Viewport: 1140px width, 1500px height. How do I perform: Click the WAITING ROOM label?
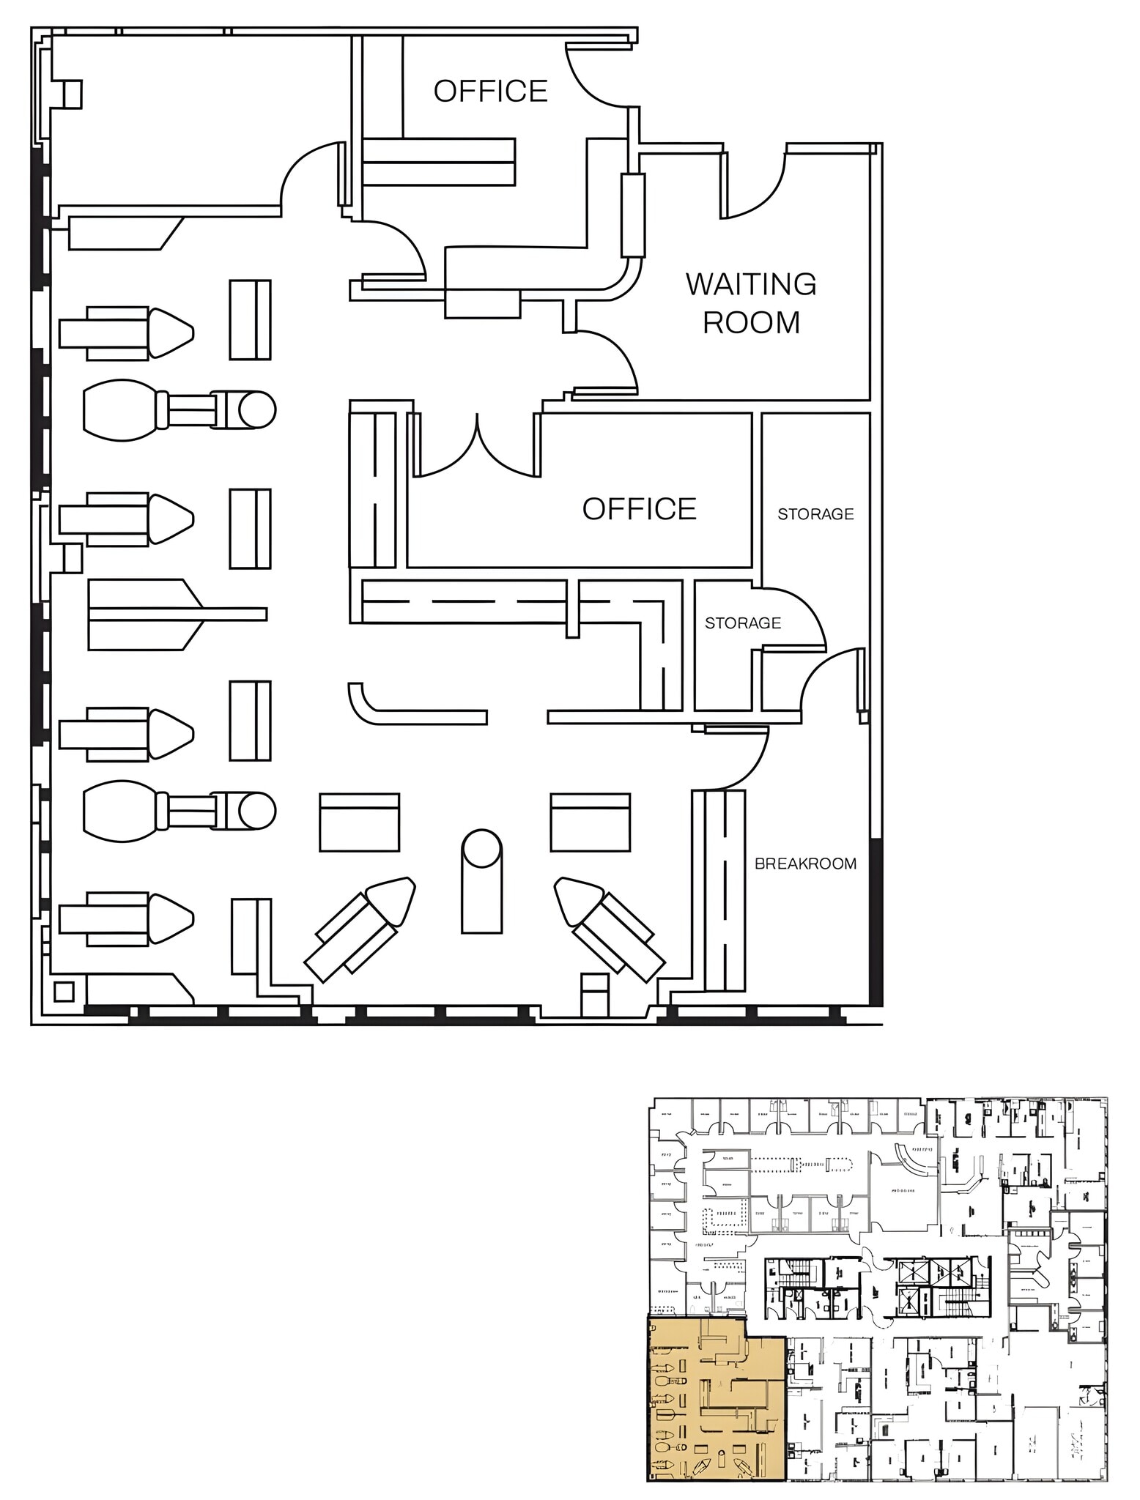pyautogui.click(x=751, y=303)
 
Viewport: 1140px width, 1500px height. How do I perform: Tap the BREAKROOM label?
pyautogui.click(x=805, y=864)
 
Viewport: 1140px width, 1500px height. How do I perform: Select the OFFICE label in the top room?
pyautogui.click(x=490, y=92)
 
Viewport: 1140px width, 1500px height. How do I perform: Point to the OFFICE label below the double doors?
pyautogui.click(x=639, y=509)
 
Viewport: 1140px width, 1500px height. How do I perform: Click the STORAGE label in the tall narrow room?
pyautogui.click(x=815, y=514)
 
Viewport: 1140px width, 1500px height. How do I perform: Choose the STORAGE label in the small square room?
pyautogui.click(x=742, y=623)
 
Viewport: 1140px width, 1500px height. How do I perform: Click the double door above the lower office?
pyautogui.click(x=477, y=447)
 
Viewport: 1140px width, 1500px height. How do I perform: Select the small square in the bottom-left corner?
pyautogui.click(x=64, y=992)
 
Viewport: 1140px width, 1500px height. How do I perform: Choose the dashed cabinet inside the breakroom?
pyautogui.click(x=725, y=890)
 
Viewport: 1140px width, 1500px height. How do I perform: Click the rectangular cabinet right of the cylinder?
pyautogui.click(x=591, y=822)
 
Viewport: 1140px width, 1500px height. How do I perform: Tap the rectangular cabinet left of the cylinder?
pyautogui.click(x=359, y=822)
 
